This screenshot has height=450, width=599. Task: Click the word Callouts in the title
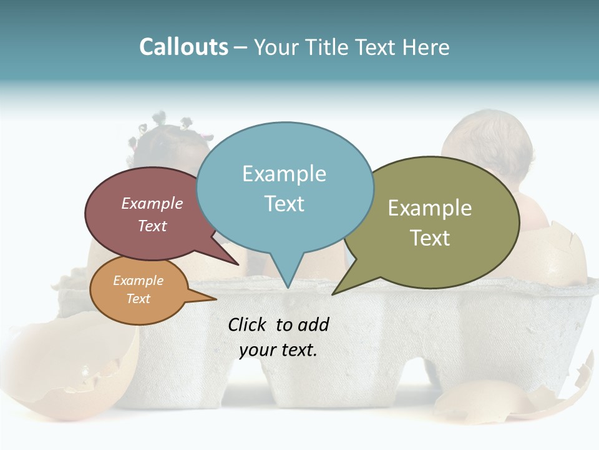pyautogui.click(x=183, y=47)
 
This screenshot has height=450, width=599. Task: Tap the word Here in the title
pyautogui.click(x=426, y=47)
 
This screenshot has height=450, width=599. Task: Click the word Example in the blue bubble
pyautogui.click(x=284, y=174)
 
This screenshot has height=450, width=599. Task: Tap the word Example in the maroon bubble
pyautogui.click(x=152, y=203)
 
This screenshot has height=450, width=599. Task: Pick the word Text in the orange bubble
pyautogui.click(x=138, y=299)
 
